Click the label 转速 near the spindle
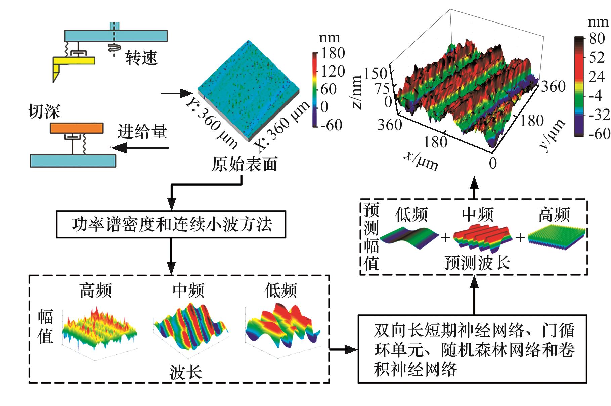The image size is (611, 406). tap(141, 58)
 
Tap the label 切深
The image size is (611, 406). tap(44, 111)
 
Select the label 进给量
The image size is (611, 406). tap(142, 131)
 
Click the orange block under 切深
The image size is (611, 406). tap(77, 128)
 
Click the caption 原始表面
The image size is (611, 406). tap(244, 164)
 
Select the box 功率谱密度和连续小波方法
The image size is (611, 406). tap(171, 224)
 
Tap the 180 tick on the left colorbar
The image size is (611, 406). tap(332, 53)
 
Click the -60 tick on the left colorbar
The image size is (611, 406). tap(331, 125)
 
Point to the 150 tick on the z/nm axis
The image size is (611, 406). tap(375, 74)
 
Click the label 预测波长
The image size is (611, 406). tap(477, 263)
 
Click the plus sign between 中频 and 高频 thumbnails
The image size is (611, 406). tap(520, 237)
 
